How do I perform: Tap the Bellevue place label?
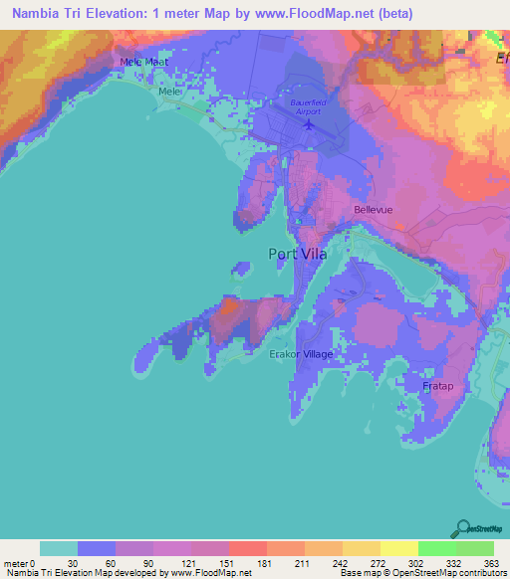[376, 210]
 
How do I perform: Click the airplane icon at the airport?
[309, 125]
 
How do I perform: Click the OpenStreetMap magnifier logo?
[462, 528]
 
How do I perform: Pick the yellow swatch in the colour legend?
[398, 548]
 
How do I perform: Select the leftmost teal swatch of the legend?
[59, 548]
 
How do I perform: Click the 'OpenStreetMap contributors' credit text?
[447, 573]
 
